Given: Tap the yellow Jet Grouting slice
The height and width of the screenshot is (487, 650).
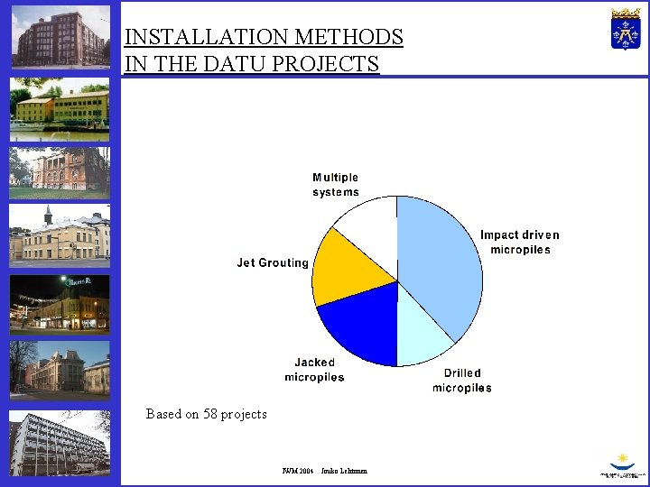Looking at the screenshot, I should (x=348, y=269).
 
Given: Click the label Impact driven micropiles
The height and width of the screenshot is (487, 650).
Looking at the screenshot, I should (x=519, y=243).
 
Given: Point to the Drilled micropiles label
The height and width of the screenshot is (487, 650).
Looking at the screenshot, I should (x=462, y=381).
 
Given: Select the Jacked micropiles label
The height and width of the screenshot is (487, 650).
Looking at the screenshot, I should (x=314, y=370).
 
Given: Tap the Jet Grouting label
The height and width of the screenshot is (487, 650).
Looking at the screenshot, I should (x=273, y=263).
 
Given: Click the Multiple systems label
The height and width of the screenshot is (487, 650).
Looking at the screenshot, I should (x=336, y=185).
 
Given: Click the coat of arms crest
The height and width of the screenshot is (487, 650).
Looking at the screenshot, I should (x=625, y=29).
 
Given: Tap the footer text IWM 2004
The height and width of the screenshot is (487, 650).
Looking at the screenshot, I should (x=297, y=471).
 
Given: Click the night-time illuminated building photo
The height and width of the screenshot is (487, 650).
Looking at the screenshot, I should (x=60, y=302).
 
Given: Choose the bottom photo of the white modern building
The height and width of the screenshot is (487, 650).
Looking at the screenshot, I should (x=60, y=444).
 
